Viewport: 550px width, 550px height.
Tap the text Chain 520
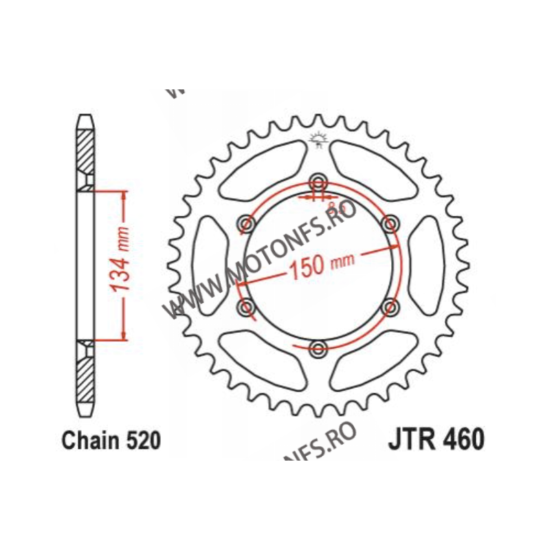(x=111, y=441)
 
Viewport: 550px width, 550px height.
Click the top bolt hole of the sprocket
(x=318, y=182)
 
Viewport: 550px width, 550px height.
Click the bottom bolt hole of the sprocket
(x=318, y=349)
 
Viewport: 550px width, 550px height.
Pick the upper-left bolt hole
(x=246, y=223)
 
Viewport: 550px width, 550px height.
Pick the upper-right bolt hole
(x=390, y=223)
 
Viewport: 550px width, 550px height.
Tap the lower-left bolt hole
(x=246, y=307)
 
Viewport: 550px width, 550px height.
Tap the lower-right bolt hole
(x=390, y=307)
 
